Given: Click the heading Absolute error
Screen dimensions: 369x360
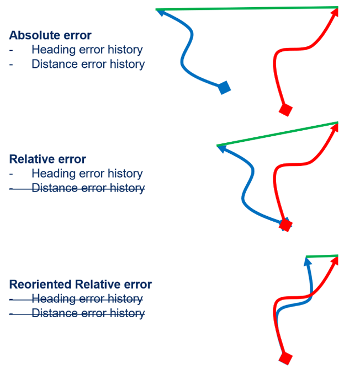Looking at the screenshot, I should (50, 35).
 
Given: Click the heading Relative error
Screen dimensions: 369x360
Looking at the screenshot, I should (47, 159).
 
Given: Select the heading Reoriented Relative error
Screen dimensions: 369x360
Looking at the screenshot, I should (80, 285).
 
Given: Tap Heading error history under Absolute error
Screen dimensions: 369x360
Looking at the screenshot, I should (87, 50).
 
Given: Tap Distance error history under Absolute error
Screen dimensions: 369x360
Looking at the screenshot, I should (88, 64).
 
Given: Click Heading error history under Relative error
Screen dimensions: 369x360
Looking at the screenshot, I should (87, 173).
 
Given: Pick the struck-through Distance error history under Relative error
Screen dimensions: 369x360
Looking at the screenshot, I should (88, 188).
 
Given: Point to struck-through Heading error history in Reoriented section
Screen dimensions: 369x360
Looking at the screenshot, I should (87, 299).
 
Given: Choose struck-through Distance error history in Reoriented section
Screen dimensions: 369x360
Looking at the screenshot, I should (88, 313).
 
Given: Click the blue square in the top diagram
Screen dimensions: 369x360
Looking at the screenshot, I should (224, 87).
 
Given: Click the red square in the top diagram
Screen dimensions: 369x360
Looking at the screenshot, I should (285, 110).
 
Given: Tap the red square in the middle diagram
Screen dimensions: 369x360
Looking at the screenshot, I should (285, 224).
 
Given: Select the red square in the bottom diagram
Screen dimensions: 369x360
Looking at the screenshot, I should (285, 359).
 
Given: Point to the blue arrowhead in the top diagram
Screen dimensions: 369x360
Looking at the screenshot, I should (161, 13).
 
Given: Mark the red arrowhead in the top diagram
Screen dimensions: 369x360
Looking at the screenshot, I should (335, 14).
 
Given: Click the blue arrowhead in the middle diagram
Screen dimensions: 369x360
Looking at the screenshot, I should (222, 148).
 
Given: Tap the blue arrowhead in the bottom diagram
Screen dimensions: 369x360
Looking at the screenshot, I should (308, 261).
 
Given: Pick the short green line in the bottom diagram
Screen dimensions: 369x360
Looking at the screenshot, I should (322, 256).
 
